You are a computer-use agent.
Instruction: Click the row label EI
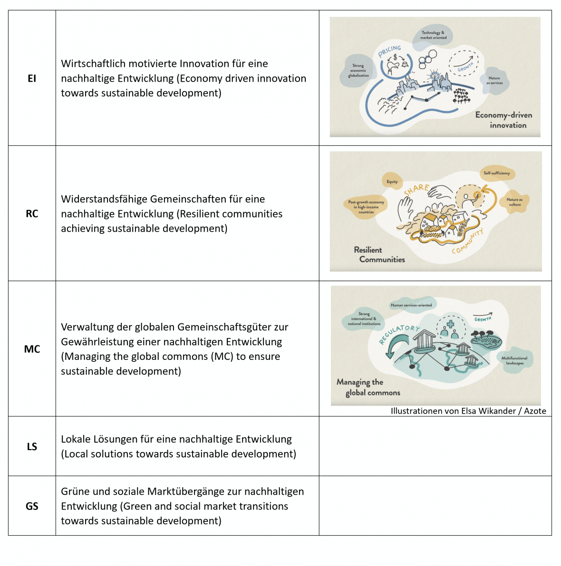click(32, 78)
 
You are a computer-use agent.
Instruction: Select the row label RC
click(32, 214)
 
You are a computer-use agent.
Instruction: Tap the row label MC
click(32, 349)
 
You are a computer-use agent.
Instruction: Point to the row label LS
click(32, 446)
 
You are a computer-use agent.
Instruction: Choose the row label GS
click(32, 506)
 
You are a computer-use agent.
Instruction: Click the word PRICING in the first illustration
click(390, 51)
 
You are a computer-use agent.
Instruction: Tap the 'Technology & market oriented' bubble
click(433, 35)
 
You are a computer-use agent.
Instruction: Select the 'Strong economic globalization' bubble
click(358, 71)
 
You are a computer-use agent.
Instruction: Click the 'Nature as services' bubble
click(494, 80)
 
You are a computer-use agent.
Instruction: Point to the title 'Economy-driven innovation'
click(504, 120)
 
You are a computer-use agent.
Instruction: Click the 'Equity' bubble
click(392, 181)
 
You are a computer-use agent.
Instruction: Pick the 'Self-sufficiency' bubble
click(497, 173)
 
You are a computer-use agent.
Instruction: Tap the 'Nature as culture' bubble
click(514, 202)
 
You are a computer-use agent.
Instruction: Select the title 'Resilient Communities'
click(379, 255)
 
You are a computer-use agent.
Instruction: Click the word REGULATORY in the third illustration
click(399, 333)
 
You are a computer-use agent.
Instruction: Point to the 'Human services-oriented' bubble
click(411, 305)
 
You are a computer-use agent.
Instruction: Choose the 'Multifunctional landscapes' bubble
click(514, 360)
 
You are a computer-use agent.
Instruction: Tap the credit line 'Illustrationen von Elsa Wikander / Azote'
click(468, 411)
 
